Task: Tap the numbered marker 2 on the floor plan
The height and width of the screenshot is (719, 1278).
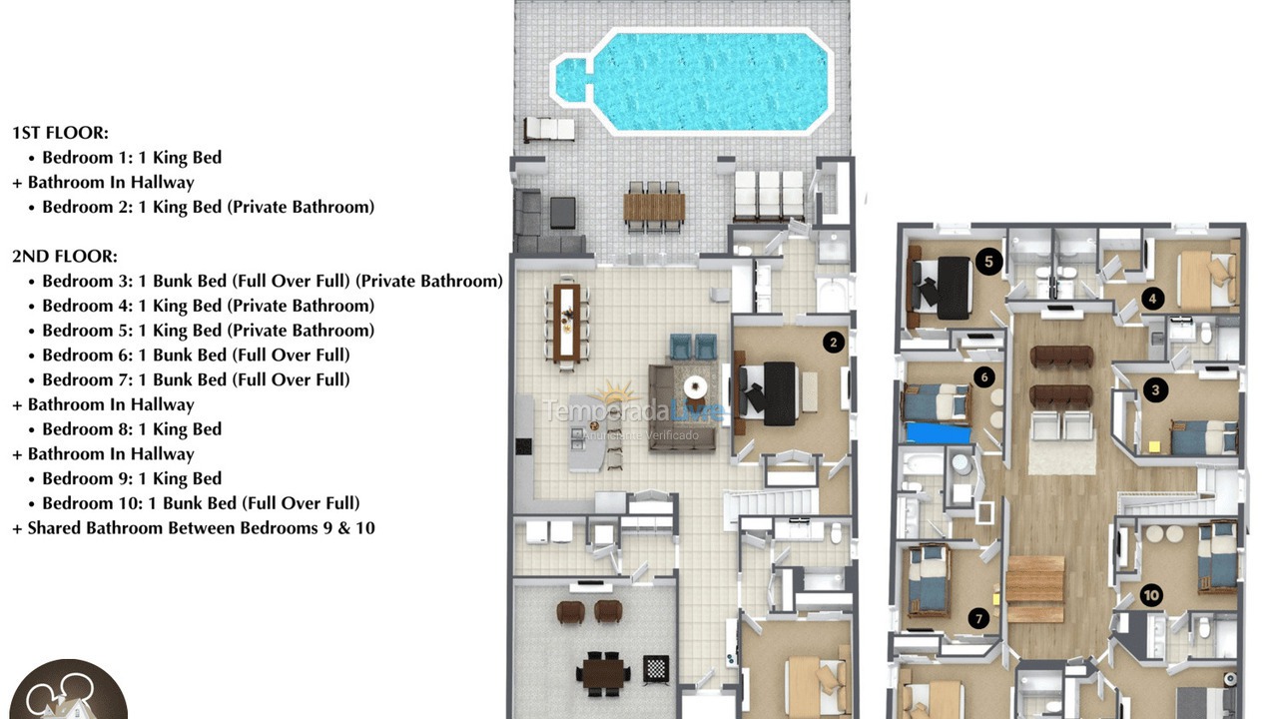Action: [833, 343]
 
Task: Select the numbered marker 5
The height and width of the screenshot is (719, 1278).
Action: [987, 262]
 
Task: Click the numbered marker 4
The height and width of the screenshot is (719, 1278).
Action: [1153, 298]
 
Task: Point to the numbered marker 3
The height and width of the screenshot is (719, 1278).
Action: [1155, 390]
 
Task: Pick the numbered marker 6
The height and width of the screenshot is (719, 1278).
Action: [984, 377]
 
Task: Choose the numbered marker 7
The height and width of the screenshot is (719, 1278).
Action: [978, 619]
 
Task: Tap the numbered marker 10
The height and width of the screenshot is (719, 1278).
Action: [1151, 596]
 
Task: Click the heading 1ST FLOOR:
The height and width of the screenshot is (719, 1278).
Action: [60, 132]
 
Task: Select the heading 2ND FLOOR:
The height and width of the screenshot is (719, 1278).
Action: [64, 256]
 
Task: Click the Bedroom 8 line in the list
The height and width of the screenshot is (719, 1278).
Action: [131, 429]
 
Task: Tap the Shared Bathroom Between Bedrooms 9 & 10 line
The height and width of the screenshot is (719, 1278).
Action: [194, 528]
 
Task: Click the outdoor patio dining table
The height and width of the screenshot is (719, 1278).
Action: [654, 207]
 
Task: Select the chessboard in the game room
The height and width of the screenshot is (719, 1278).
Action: [656, 668]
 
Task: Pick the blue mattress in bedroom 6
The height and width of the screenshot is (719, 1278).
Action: [939, 432]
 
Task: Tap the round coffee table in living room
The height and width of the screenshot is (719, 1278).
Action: [695, 385]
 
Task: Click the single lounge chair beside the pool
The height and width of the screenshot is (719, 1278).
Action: [549, 130]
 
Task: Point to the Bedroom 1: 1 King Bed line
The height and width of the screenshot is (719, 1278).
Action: [131, 158]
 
